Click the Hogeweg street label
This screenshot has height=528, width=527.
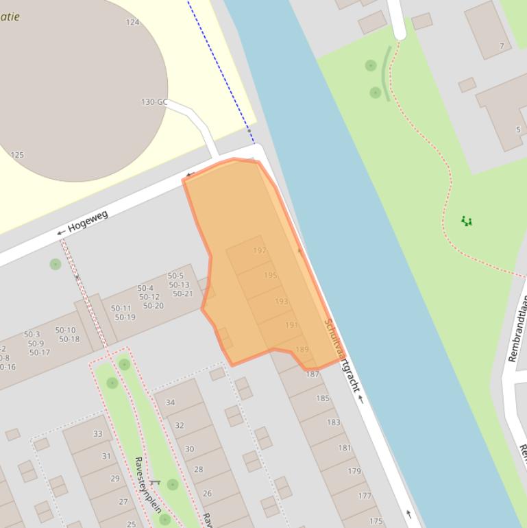[x=88, y=221]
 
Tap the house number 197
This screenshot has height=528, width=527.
[x=260, y=250]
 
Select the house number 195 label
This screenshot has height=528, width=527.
[x=271, y=276]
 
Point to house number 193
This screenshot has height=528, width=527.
[x=281, y=301]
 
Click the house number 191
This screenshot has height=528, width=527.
[x=291, y=325]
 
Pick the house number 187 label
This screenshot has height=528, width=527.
[x=312, y=374]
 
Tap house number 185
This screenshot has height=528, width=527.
[x=323, y=398]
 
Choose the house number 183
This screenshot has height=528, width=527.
[x=333, y=422]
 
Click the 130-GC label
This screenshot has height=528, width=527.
[x=154, y=102]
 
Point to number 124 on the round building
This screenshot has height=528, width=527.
[x=132, y=23]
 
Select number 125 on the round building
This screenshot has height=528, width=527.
[x=17, y=155]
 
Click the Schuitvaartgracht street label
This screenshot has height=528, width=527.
[x=341, y=355]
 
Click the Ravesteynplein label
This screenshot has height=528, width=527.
[x=147, y=484]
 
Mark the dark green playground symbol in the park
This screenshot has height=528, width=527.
[x=467, y=221]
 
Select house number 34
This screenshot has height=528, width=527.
[x=170, y=403]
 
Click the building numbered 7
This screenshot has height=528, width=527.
[x=502, y=47]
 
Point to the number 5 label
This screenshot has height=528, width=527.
[x=518, y=130]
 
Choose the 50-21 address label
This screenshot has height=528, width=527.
[x=183, y=294]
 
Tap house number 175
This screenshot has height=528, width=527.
[x=376, y=521]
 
